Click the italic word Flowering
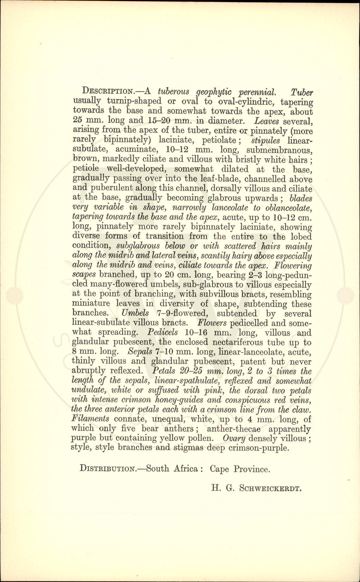293,265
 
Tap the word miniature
91,303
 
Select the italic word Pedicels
163,333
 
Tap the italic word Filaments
90,419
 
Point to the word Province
251,469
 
